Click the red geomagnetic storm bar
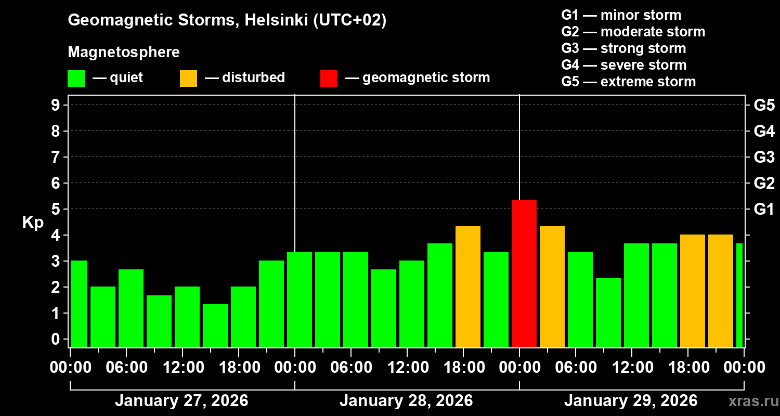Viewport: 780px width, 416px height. point(524,274)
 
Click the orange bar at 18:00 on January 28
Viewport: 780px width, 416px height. point(467,287)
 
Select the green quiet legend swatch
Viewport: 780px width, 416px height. point(76,78)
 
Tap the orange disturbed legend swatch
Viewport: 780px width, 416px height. point(188,78)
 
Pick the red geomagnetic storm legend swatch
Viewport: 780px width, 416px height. point(329,78)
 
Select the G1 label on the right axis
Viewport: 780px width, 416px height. point(764,209)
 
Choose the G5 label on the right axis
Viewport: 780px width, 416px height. point(764,105)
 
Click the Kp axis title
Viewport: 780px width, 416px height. point(33,222)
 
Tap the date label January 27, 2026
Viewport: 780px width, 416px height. point(181,401)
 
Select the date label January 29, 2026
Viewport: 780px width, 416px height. point(630,401)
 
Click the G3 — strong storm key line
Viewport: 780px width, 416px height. point(623,48)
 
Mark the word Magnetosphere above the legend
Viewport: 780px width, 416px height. point(124,53)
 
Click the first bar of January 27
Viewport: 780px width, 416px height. point(79,304)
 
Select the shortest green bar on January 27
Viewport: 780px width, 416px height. point(215,326)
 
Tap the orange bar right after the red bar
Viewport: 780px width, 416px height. point(552,287)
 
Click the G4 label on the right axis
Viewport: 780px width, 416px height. point(764,131)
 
